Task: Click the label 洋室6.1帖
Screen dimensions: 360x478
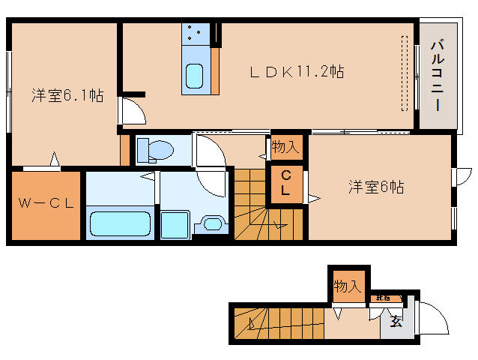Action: [67, 95]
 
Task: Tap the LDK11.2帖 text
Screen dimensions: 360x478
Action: [297, 72]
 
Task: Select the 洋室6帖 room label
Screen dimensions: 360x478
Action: [375, 187]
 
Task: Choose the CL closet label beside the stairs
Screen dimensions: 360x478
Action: [285, 184]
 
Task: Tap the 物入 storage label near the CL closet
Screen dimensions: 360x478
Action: [285, 147]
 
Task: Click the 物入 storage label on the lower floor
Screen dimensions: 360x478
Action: [348, 286]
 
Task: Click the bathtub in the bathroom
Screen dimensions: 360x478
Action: [120, 223]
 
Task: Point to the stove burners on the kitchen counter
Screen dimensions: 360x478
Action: [196, 33]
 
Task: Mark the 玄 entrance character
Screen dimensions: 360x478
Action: [394, 323]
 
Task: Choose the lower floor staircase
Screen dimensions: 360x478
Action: [277, 324]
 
